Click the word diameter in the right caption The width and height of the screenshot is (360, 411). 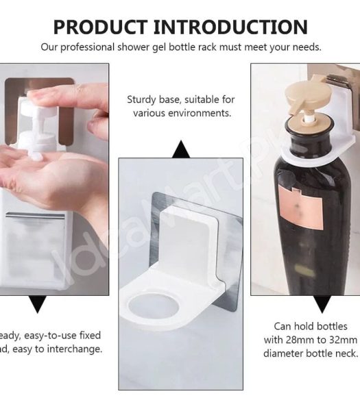coord(285,353)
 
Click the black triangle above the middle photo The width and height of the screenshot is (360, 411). coord(180,149)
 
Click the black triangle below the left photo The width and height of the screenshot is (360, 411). coord(38,305)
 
